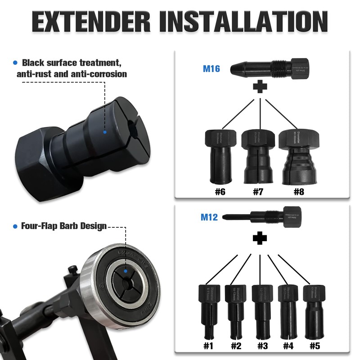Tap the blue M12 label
coord(209,217)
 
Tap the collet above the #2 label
coord(236,310)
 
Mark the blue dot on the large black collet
coord(104,132)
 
